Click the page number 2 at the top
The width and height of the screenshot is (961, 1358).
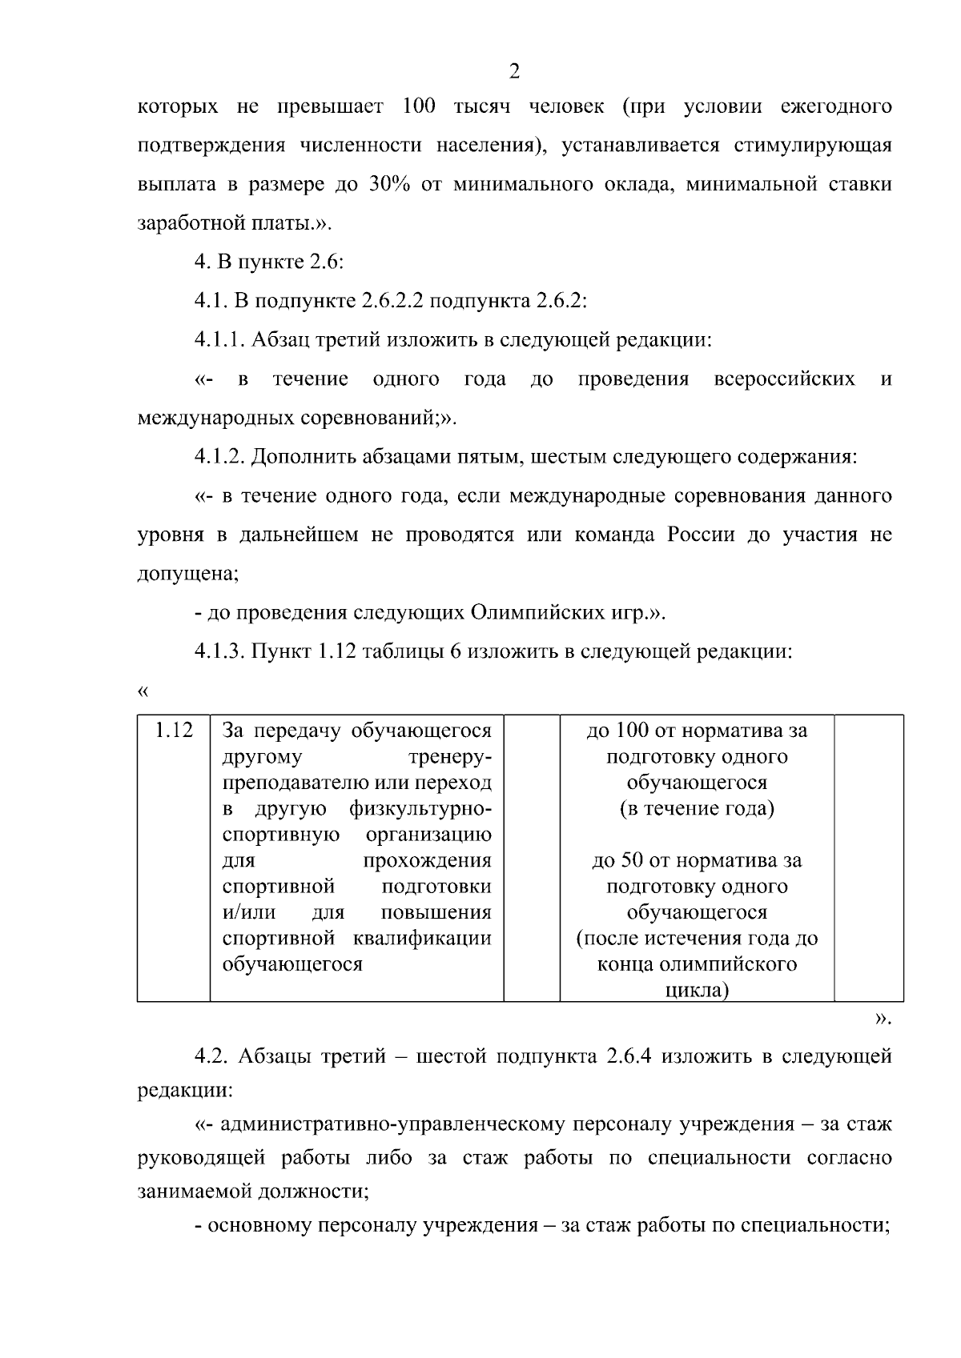514,71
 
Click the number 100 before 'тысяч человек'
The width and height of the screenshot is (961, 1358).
419,106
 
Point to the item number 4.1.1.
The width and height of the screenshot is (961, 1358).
219,340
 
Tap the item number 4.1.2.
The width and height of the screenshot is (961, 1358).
219,457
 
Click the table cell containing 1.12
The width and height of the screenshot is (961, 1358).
174,730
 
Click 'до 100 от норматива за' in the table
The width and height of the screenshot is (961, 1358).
697,731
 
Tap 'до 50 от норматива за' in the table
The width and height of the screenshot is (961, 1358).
697,861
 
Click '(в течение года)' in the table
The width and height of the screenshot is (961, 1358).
697,808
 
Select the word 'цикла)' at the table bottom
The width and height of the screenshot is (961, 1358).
697,991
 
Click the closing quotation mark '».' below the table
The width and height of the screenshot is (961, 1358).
882,1019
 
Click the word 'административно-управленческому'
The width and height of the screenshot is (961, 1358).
389,1124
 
